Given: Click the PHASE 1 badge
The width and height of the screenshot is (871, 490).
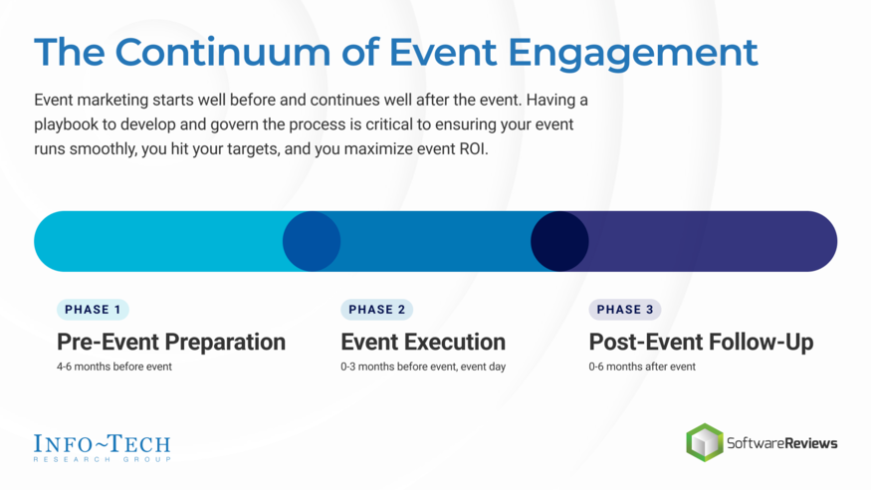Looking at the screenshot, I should pyautogui.click(x=93, y=310).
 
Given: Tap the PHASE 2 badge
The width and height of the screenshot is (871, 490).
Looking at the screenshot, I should pyautogui.click(x=376, y=310).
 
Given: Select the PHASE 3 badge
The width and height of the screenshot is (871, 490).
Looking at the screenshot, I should pyautogui.click(x=625, y=310).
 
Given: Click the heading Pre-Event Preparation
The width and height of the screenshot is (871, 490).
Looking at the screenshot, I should pyautogui.click(x=171, y=342).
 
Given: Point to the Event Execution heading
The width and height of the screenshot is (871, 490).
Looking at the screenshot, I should pyautogui.click(x=423, y=342).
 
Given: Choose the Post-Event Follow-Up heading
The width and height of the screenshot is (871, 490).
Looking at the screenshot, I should pyautogui.click(x=701, y=342).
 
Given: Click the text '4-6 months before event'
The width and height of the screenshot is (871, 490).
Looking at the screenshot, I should pyautogui.click(x=114, y=367).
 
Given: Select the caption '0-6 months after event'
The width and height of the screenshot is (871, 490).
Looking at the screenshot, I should pyautogui.click(x=642, y=367).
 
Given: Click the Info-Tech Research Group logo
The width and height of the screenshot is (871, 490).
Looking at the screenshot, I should pyautogui.click(x=102, y=446).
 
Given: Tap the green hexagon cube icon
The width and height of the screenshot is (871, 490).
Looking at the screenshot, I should pyautogui.click(x=705, y=443).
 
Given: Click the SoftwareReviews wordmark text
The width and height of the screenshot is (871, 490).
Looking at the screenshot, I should pyautogui.click(x=783, y=443).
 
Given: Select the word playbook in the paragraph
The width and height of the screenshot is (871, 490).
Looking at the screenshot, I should pyautogui.click(x=71, y=126).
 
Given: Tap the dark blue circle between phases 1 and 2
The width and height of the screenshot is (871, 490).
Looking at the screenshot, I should pyautogui.click(x=312, y=241).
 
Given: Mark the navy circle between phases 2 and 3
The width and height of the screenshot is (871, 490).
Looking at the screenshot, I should pyautogui.click(x=559, y=241).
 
